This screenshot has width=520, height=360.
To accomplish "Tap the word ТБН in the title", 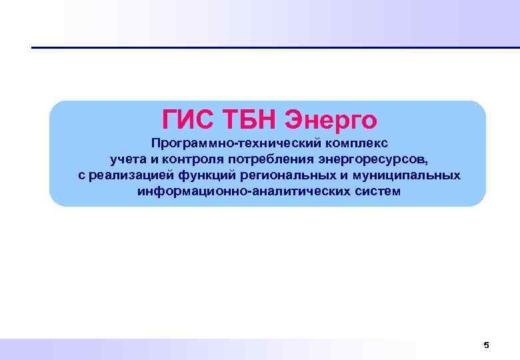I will tap(249, 120).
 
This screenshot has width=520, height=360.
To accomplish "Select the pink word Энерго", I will tap(331, 120).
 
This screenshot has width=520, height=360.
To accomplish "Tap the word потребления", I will tap(272, 160).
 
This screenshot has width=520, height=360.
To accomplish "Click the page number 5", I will tap(486, 345).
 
